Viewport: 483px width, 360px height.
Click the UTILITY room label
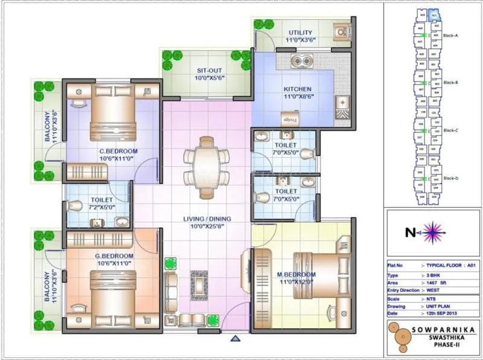coord(300,31)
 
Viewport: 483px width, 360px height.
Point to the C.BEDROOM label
coord(118,151)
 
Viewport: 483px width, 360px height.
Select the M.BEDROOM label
coord(296,275)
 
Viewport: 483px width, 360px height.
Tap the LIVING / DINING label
coord(207,219)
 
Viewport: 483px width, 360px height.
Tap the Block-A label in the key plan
coord(452,36)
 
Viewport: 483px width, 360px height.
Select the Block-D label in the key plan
coord(452,178)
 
